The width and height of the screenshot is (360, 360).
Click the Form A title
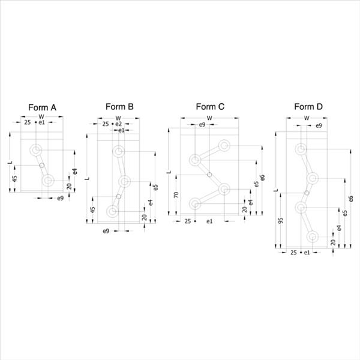42,107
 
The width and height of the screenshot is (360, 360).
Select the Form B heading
119,107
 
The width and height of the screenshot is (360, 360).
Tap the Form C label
210,107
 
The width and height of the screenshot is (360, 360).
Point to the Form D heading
308,107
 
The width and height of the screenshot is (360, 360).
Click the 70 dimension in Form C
176,195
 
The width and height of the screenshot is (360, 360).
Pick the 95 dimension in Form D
280,221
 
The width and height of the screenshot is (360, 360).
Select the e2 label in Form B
118,124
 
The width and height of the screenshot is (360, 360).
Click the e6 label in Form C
263,178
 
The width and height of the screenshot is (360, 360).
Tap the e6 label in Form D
350,199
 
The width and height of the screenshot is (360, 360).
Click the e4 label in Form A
75,172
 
